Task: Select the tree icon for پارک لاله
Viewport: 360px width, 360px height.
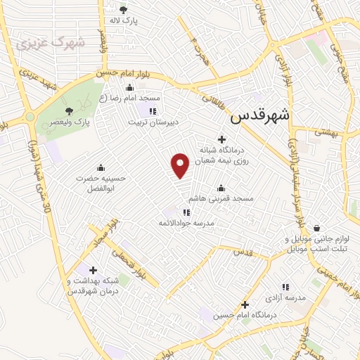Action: (x=124, y=10)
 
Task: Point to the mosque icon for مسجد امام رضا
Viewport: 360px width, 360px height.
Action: (x=129, y=88)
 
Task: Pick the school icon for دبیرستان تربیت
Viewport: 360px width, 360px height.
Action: (x=153, y=110)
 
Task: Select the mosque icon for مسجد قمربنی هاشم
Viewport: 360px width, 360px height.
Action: (x=221, y=188)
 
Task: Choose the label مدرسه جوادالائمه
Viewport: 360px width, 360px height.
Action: (x=186, y=223)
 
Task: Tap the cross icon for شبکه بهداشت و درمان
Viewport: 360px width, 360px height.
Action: (x=94, y=270)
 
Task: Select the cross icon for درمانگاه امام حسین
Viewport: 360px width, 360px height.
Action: (x=245, y=304)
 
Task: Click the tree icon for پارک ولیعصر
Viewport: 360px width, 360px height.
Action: (x=68, y=111)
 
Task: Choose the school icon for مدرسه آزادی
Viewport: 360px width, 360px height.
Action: (x=285, y=287)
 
